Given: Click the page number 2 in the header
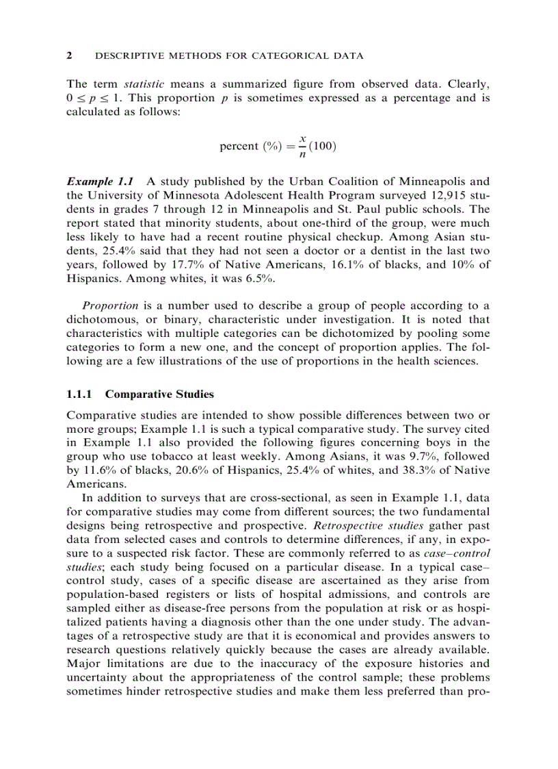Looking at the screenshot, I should (69, 55).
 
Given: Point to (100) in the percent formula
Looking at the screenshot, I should (323, 147).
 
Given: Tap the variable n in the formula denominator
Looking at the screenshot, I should (301, 155).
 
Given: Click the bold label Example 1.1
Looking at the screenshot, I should (99, 182).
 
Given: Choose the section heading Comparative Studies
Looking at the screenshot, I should (159, 394).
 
